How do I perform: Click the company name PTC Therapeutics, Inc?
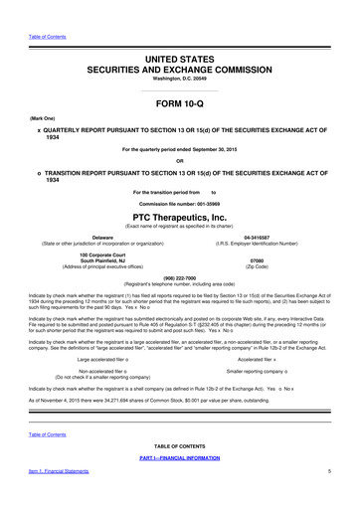pos(180,216)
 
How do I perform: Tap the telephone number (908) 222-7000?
pos(180,278)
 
